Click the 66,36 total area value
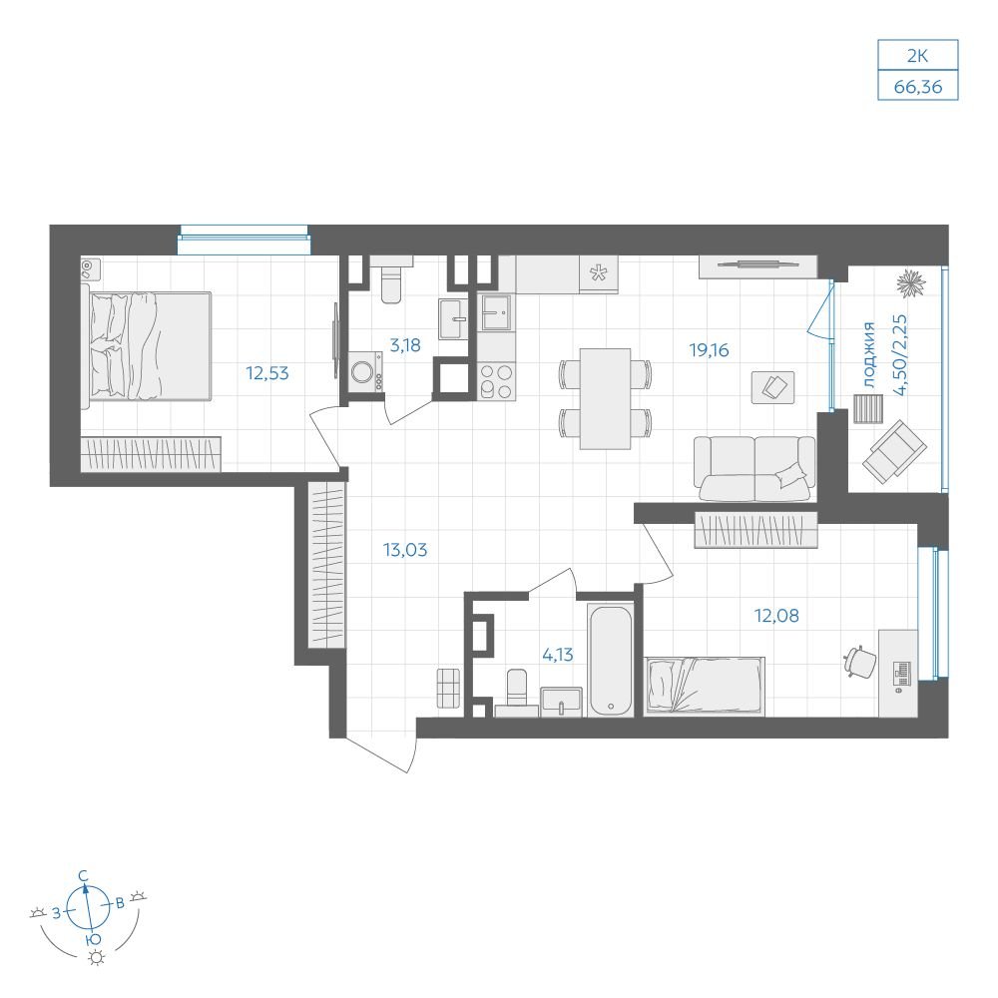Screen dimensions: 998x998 point(917,87)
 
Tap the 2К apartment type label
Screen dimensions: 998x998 point(917,56)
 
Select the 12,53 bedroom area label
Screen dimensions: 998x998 point(267,373)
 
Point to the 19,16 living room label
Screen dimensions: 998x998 point(709,350)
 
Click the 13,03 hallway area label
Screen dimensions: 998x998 point(405,549)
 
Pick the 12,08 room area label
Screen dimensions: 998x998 point(776,616)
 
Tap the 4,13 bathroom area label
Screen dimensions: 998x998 point(558,655)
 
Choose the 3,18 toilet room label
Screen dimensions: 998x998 point(405,345)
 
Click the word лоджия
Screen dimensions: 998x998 point(869,354)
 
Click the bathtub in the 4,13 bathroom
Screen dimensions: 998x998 point(611,661)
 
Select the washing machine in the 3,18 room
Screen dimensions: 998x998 point(366,372)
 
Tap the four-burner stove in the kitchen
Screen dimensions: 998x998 point(496,380)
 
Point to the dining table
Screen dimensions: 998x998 point(606,398)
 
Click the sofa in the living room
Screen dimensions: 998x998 point(754,469)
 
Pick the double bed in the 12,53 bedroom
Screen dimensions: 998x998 point(151,346)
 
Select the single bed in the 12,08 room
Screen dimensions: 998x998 point(705,685)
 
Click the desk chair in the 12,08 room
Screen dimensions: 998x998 point(859,661)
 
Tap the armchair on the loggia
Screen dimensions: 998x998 point(894,452)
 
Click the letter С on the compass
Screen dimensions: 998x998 point(83,876)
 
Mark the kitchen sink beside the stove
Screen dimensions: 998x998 point(496,312)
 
